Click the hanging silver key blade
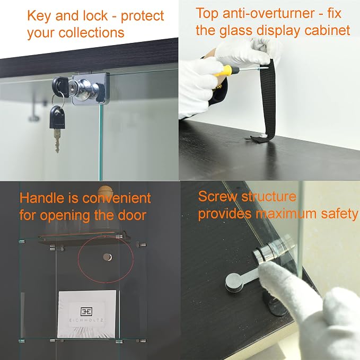pyautogui.click(x=57, y=140)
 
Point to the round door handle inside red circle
pyautogui.click(x=108, y=257)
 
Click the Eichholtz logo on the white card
pyautogui.click(x=86, y=311)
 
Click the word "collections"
pyautogui.click(x=92, y=32)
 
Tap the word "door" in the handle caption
pyautogui.click(x=132, y=215)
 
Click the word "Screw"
pyautogui.click(x=217, y=197)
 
